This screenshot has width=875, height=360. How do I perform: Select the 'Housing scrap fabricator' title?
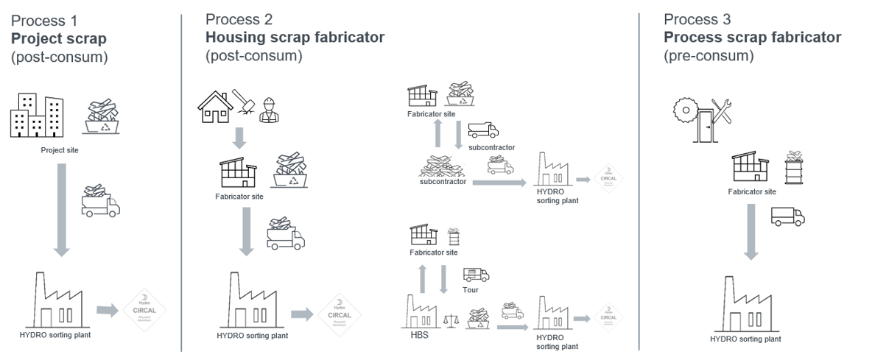pos(295,37)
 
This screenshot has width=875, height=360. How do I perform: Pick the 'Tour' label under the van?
pos(471,289)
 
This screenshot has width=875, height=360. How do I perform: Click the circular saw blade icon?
pos(685,111)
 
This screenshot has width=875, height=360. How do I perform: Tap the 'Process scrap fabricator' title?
pos(752,37)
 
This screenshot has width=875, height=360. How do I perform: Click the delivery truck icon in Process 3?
pos(787,216)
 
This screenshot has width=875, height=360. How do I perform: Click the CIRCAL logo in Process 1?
pos(145,309)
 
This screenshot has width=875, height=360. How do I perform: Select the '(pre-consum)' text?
pos(709,54)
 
